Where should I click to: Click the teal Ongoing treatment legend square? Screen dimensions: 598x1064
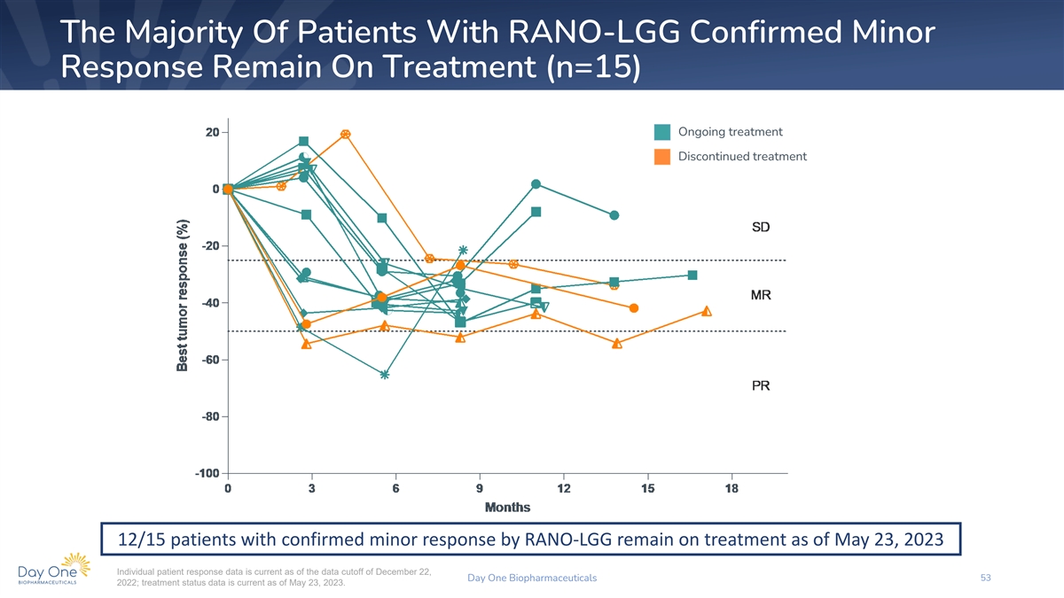coord(662,132)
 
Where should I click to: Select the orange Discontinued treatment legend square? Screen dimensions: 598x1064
coord(662,157)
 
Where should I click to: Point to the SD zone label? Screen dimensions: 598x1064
coord(761,228)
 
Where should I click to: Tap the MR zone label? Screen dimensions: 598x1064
coord(761,294)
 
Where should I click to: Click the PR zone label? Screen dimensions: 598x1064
coord(761,386)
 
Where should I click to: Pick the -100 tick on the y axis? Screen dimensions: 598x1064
coord(207,473)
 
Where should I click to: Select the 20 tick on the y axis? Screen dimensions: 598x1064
coord(212,132)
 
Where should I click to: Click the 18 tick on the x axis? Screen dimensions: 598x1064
coord(731,489)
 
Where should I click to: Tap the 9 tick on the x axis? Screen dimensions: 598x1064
coord(480,489)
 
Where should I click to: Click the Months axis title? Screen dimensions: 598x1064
coord(507,508)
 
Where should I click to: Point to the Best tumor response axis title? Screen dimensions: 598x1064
coord(182,296)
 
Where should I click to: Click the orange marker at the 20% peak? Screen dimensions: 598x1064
coord(345,135)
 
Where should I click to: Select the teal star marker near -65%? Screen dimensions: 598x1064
coord(384,375)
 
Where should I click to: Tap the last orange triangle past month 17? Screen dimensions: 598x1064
coord(707,311)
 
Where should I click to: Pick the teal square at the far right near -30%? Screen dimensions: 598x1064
coord(692,275)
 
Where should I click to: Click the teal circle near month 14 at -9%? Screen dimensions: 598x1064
coord(614,215)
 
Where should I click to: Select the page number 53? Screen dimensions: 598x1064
coord(985,578)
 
